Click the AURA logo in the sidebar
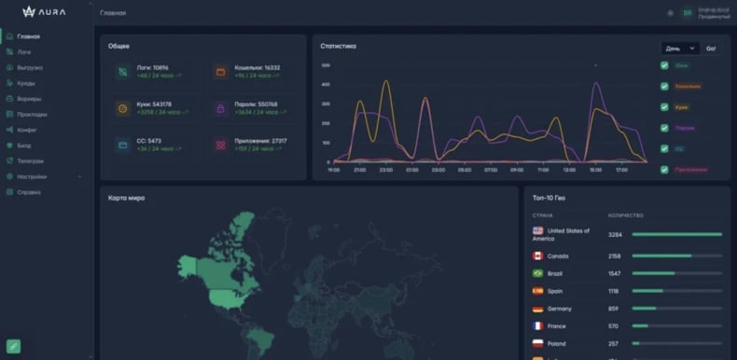(46, 12)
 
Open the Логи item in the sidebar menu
(24, 52)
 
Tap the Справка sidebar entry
(29, 192)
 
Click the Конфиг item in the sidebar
(26, 130)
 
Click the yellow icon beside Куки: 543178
(123, 107)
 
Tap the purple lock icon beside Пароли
(220, 107)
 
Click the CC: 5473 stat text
(152, 141)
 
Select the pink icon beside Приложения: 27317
(220, 145)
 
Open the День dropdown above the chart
(679, 48)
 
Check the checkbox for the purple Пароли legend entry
(664, 128)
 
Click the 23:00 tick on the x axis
(386, 170)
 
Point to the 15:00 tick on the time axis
(595, 170)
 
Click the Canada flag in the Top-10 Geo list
(538, 256)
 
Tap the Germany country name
(560, 309)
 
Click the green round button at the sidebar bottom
(14, 346)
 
